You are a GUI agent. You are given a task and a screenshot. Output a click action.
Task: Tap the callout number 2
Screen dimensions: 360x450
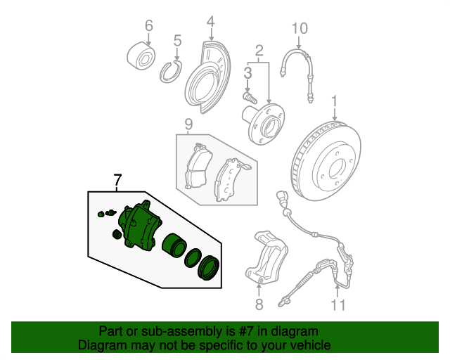(259, 51)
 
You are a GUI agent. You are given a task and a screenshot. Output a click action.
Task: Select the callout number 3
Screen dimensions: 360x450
(247, 72)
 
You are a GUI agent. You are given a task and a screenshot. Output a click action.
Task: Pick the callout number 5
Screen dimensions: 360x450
(178, 41)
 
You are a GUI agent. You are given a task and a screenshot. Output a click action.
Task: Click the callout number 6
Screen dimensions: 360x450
(148, 26)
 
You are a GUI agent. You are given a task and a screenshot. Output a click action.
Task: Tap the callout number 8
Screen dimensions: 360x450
(258, 304)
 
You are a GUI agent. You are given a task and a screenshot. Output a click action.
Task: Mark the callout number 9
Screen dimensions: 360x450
(188, 124)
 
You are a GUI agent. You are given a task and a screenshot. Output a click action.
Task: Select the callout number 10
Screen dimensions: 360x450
(300, 28)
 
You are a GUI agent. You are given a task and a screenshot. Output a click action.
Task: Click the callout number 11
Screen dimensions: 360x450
(339, 304)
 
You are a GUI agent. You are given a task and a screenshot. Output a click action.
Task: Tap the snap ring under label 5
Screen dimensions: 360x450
(171, 72)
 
